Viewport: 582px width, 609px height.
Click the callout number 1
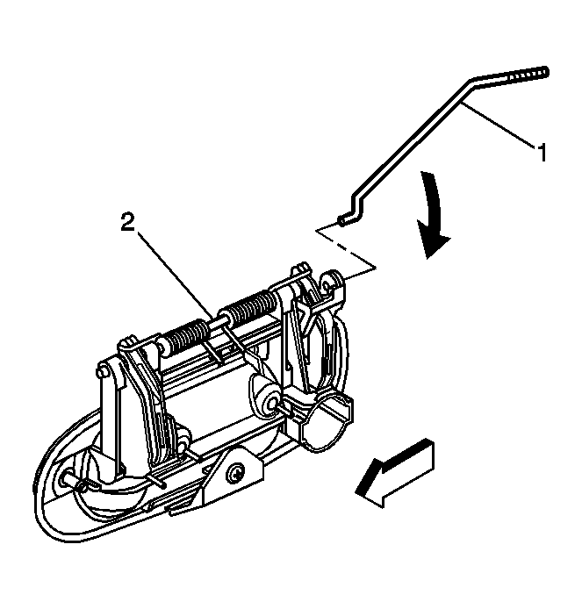tap(542, 152)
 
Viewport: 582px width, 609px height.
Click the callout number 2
tap(127, 222)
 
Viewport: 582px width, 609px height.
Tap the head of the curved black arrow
tap(433, 241)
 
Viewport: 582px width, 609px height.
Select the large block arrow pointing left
tap(395, 473)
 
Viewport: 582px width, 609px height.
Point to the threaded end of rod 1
tap(528, 75)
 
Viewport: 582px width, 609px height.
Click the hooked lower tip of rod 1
tap(341, 220)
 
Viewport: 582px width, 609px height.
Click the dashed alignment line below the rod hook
tap(347, 248)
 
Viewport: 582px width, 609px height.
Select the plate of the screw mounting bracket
tap(237, 472)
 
